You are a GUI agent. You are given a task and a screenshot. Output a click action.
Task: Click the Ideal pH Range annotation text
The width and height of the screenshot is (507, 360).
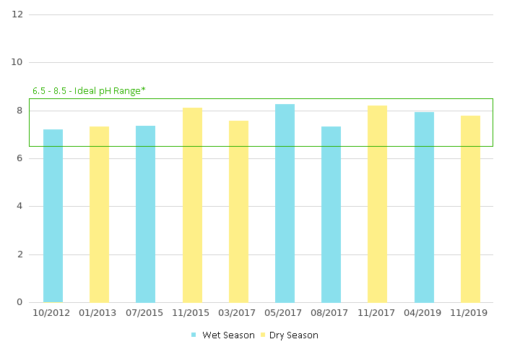coord(89,91)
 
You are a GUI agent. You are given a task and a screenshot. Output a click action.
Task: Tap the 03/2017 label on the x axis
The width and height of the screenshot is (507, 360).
coord(238,313)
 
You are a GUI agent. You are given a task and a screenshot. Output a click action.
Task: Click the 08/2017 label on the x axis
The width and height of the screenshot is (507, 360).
coord(331,313)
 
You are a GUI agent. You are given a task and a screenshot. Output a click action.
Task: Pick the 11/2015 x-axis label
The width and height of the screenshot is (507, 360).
coord(192,313)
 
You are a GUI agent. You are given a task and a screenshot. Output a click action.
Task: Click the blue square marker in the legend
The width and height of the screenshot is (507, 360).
coord(194,335)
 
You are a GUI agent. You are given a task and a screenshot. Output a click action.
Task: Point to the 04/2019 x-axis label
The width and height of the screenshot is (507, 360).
coord(424,313)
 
